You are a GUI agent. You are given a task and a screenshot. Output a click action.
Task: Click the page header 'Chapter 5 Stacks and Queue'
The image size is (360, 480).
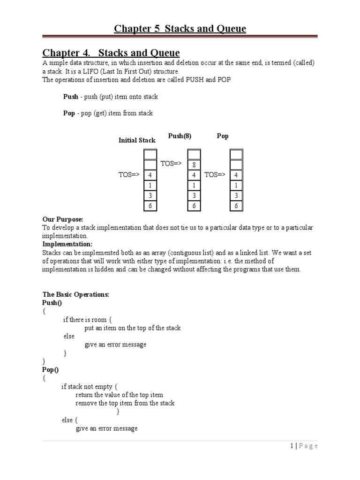tap(180, 29)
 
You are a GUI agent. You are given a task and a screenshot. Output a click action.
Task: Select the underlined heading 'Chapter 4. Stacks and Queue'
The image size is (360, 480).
tap(111, 52)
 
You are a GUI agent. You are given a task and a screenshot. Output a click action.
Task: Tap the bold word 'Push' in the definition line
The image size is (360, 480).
tap(70, 97)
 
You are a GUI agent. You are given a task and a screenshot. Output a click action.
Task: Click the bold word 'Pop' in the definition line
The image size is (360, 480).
tap(69, 113)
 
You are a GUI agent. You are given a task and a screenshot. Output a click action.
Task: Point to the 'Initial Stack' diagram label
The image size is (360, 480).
tap(137, 140)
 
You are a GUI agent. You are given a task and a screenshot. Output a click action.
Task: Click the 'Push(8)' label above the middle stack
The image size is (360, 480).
tap(180, 136)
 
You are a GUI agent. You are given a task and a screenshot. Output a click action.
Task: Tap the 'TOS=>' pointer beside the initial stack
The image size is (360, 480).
tap(129, 175)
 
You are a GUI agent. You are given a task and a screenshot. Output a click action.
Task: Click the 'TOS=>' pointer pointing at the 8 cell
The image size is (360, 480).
tap(171, 163)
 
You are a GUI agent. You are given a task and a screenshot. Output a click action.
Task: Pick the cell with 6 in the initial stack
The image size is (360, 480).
tap(150, 206)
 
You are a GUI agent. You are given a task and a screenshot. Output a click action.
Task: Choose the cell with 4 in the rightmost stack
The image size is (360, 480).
tap(236, 175)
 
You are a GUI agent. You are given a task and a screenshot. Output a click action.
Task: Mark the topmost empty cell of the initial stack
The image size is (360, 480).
tap(150, 154)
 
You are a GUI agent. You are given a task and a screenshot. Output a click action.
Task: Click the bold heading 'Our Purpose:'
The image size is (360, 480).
tap(63, 219)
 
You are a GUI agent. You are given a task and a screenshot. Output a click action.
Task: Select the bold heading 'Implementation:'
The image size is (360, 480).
tap(67, 244)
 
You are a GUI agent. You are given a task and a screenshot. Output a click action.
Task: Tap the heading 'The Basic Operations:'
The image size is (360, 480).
tap(75, 294)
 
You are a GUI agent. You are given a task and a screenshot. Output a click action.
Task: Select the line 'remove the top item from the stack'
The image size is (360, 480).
tap(125, 403)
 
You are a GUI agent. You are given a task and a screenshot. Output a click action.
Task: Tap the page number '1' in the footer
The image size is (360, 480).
tap(291, 446)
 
